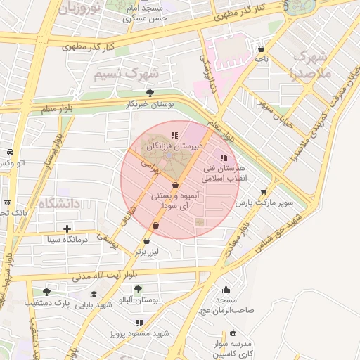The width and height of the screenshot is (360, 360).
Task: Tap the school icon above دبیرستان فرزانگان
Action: pyautogui.click(x=174, y=134)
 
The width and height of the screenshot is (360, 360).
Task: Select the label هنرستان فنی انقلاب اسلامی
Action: pyautogui.click(x=224, y=174)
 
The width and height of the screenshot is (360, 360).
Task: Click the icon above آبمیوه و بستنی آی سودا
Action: pyautogui.click(x=174, y=185)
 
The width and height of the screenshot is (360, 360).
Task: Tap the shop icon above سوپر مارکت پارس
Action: pyautogui.click(x=264, y=191)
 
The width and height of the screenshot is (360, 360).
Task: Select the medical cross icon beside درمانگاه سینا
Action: pyautogui.click(x=67, y=229)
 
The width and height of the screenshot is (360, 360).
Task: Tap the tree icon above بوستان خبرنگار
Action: pyautogui.click(x=150, y=92)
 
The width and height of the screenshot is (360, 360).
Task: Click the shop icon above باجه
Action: pyautogui.click(x=262, y=49)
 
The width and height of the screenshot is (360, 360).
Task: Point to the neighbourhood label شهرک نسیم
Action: pyautogui.click(x=127, y=75)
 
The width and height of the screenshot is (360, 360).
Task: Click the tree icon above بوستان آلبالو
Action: pyautogui.click(x=137, y=289)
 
